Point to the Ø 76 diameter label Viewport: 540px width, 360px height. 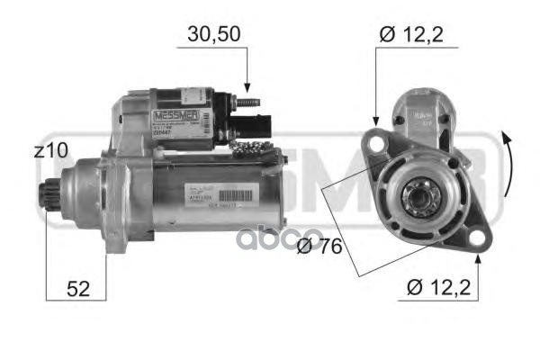(319, 246)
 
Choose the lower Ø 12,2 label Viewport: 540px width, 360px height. (442, 288)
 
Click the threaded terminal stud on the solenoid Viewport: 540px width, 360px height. (247, 96)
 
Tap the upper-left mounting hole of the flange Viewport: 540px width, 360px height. (374, 140)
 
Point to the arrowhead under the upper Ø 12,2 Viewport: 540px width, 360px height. (375, 121)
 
